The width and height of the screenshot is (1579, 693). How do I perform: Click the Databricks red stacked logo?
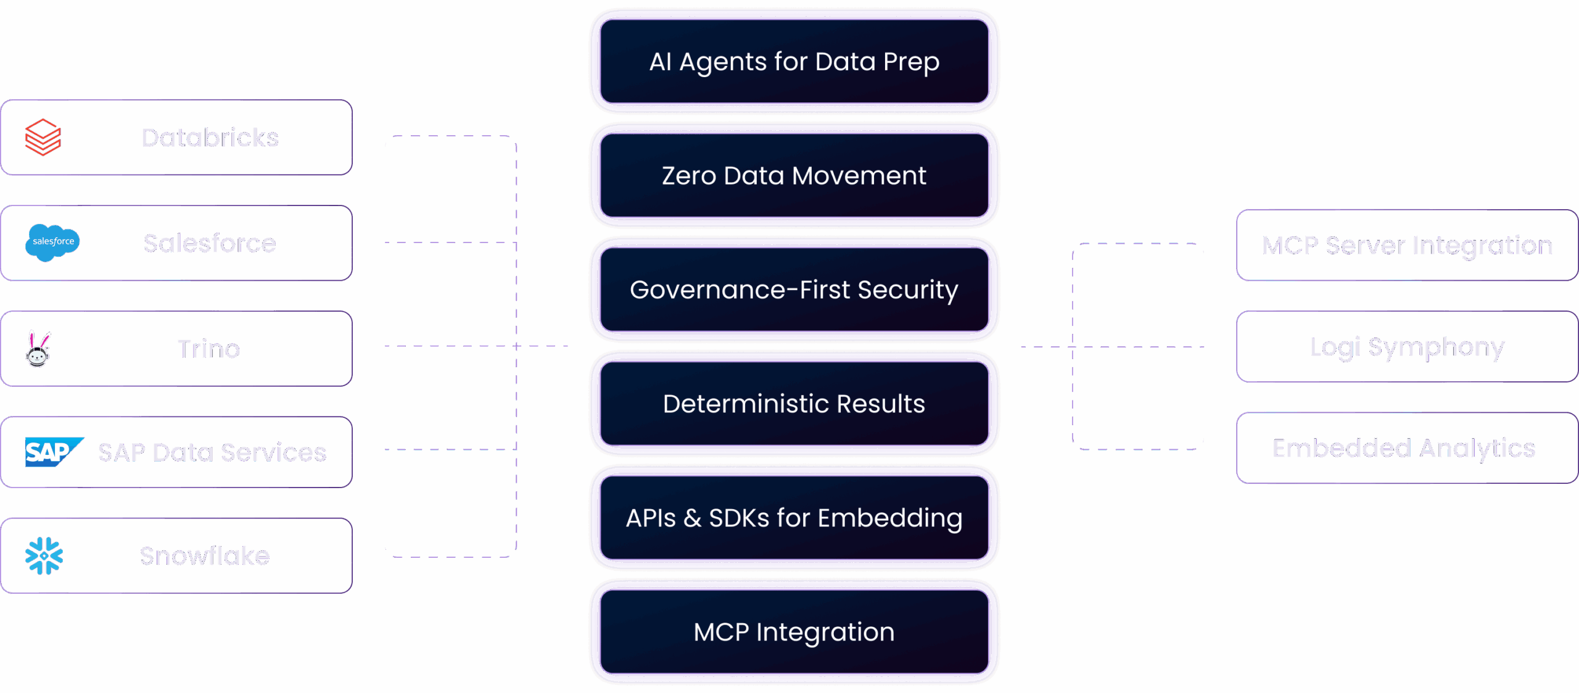(43, 137)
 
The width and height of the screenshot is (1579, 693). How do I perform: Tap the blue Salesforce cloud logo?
(52, 242)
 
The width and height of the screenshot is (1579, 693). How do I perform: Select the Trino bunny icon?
(38, 349)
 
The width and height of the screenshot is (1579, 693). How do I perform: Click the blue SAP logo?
(53, 452)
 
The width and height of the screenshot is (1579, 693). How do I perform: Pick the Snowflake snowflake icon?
(44, 556)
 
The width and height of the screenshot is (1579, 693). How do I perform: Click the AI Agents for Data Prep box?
(794, 62)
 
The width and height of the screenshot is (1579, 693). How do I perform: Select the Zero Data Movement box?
(794, 176)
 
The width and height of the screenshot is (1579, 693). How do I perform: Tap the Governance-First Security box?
(794, 290)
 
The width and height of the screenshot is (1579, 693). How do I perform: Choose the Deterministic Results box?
(794, 404)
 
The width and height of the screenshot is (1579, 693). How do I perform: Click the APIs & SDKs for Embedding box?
(794, 518)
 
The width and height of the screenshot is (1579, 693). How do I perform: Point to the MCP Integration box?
(794, 632)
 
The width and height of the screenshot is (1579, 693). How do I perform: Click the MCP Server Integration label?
(1407, 246)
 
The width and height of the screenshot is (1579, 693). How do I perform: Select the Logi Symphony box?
(1407, 347)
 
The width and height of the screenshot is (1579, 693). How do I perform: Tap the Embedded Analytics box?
(1404, 449)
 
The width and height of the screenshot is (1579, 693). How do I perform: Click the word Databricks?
(210, 138)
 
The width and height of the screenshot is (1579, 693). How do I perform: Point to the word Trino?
(208, 349)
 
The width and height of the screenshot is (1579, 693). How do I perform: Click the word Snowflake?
(205, 556)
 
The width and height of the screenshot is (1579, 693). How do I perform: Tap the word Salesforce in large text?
(210, 244)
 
